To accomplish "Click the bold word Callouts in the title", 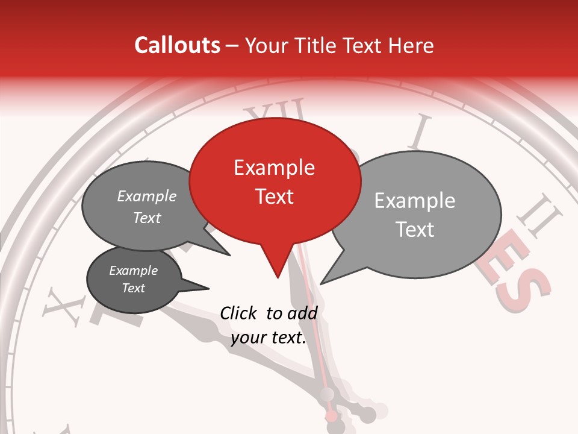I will [x=177, y=45].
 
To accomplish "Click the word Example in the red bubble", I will [x=274, y=168].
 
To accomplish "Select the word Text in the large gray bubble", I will [x=415, y=230].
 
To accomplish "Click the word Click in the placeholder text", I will [x=239, y=313].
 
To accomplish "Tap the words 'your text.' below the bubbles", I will [x=269, y=338].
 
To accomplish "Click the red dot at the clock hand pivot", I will [x=331, y=417].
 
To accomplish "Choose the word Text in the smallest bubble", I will [x=133, y=288].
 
